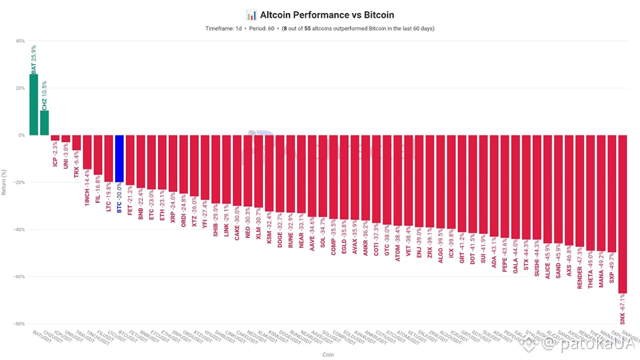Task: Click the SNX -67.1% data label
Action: (623, 309)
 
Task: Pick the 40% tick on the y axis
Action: (19, 41)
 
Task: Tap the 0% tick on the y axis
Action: (20, 135)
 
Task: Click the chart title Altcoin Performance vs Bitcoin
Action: (327, 14)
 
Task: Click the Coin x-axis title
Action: (327, 354)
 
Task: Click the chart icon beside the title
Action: (251, 14)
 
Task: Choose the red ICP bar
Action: (55, 137)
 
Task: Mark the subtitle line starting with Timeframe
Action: (319, 29)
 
